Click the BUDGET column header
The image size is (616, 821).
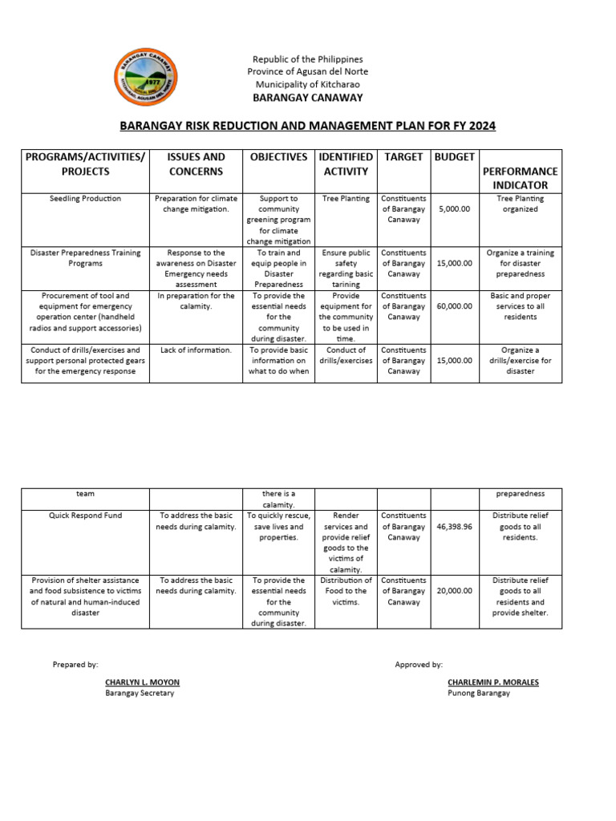455,157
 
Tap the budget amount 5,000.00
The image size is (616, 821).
455,208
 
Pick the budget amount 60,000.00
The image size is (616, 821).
455,306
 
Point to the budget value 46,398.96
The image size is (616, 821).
455,527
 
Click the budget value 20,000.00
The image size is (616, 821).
455,591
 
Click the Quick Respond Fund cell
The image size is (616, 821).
84,516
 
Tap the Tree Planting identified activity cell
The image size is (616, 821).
346,199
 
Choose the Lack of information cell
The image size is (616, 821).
196,350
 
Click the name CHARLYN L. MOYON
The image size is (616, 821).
142,682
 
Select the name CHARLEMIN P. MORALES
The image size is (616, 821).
493,682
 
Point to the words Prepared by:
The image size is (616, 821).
75,665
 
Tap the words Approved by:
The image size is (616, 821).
419,665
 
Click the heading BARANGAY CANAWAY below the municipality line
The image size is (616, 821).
308,98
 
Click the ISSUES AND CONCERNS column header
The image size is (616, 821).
196,164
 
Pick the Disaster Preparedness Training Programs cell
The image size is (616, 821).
84,258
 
